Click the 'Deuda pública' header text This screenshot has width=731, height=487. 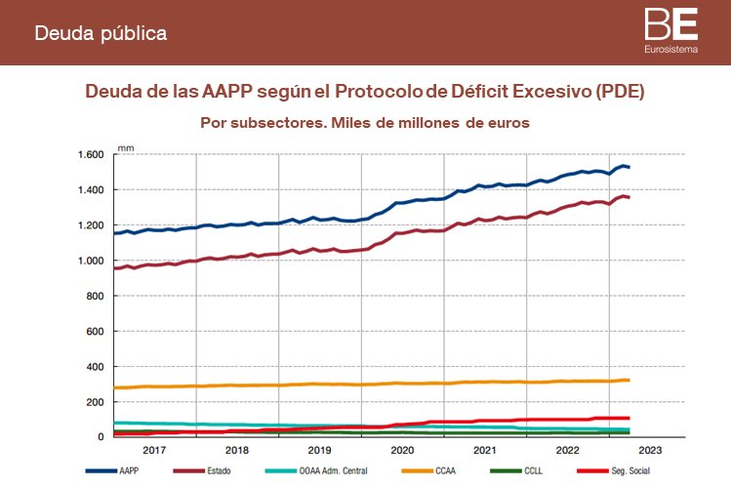101,33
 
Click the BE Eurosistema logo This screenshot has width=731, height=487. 670,30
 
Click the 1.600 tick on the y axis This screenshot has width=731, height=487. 90,155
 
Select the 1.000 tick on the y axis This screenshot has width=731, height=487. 90,261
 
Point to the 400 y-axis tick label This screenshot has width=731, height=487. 95,367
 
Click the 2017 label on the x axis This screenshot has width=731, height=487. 155,451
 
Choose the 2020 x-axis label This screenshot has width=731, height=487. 402,451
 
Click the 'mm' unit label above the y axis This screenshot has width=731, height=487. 126,147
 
